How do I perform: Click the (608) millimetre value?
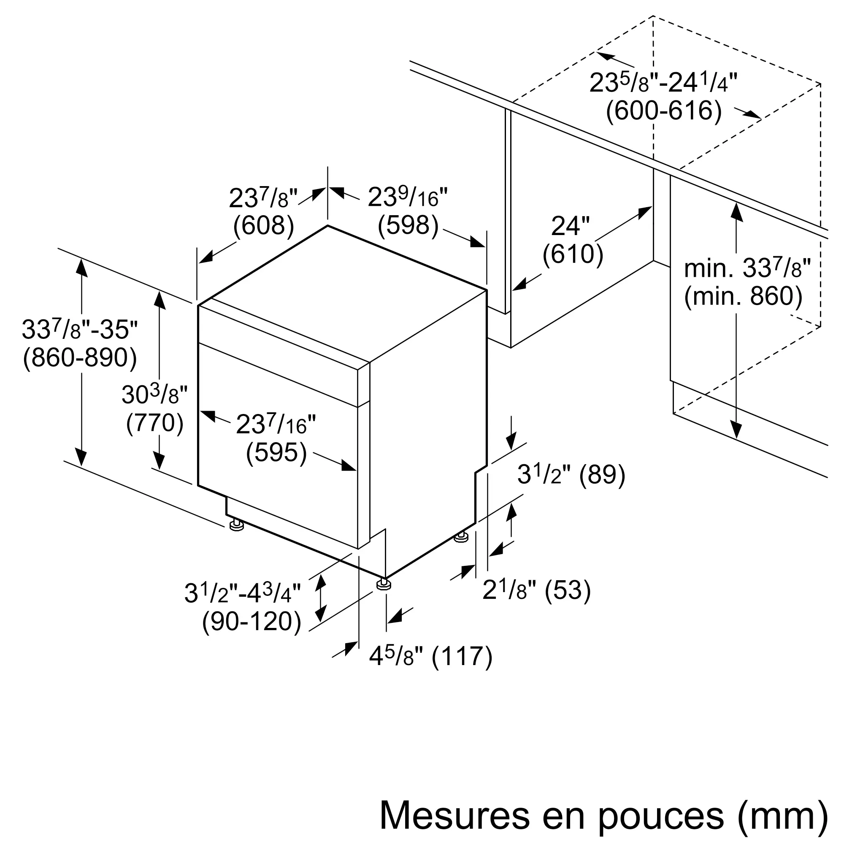263,226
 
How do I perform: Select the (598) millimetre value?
408,226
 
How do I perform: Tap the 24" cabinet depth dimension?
570,226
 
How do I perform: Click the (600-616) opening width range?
663,111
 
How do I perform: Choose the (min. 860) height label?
743,297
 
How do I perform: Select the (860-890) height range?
80,358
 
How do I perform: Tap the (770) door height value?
154,423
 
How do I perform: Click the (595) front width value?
276,452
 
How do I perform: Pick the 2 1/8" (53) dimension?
536,591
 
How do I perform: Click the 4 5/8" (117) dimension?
431,657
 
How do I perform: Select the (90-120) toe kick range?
252,622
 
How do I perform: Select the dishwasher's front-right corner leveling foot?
383,584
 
